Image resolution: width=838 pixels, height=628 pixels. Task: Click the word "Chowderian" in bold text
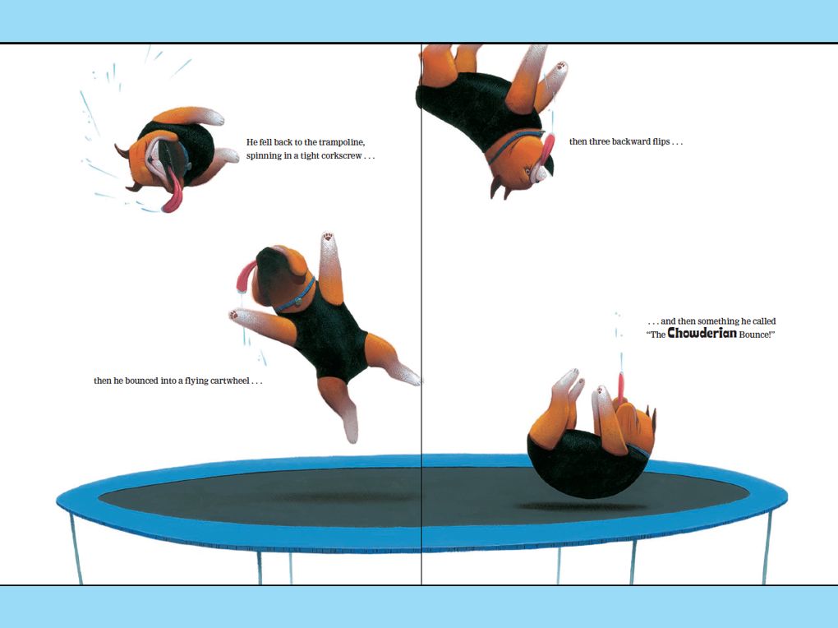[702, 333]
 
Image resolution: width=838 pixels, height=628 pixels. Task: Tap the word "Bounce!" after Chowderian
[757, 335]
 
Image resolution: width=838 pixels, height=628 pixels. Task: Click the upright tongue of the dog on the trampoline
[621, 386]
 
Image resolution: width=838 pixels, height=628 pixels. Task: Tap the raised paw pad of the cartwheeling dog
[328, 236]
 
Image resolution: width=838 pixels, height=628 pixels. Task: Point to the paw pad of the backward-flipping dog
[560, 67]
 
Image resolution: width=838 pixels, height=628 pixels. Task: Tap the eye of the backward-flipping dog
[529, 171]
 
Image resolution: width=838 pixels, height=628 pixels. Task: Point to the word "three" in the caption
[598, 141]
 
